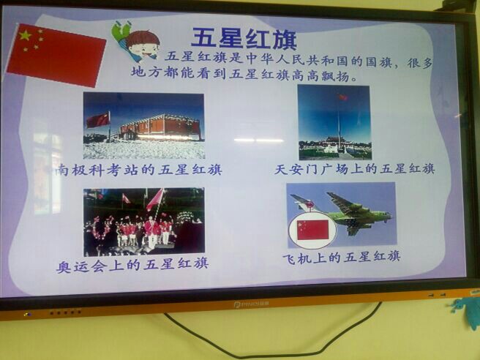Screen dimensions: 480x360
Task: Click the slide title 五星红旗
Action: [244, 39]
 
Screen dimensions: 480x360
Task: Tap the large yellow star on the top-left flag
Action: [26, 36]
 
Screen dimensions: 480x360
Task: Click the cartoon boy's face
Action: [143, 47]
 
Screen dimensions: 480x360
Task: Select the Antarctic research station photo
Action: [143, 126]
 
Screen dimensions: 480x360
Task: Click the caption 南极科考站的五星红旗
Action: [139, 170]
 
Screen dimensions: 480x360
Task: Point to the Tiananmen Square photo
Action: [334, 122]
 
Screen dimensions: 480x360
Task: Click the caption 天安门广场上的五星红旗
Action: [354, 169]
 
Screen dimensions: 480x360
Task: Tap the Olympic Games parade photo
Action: [144, 222]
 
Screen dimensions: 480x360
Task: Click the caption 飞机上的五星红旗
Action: [342, 258]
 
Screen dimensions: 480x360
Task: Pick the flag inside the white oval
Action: [312, 230]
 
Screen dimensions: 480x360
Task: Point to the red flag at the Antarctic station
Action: [98, 120]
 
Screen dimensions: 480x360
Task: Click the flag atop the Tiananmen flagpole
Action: [342, 97]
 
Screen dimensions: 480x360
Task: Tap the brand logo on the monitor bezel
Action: [251, 304]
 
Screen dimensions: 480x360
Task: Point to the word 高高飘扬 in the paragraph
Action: [320, 75]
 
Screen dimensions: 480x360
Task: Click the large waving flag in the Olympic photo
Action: [156, 199]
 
